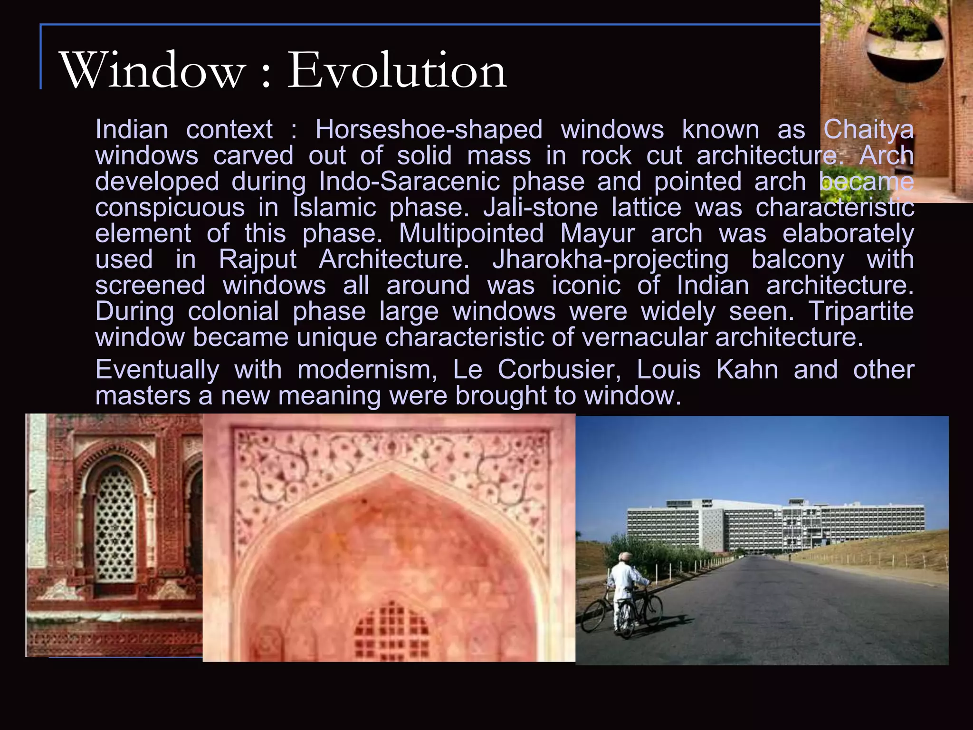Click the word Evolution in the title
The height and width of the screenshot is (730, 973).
(397, 70)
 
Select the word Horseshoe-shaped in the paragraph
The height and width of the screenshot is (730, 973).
(429, 129)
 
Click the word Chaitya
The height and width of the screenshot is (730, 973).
(868, 129)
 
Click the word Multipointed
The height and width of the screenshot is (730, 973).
(471, 233)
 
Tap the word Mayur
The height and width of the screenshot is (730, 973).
(597, 233)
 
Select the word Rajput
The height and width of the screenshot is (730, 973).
(258, 259)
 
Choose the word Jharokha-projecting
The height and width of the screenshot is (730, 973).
(611, 259)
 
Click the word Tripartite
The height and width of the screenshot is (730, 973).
(861, 311)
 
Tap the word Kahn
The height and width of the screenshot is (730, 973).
(747, 369)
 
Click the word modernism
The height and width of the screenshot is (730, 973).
(367, 369)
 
